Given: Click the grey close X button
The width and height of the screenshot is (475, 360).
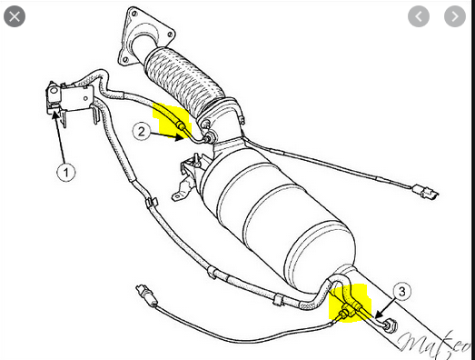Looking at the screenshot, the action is pos(15,16).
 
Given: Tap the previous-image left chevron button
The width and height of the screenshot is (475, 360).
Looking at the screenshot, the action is pos(419,16).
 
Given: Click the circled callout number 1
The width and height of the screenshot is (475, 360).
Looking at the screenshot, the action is pos(66,172).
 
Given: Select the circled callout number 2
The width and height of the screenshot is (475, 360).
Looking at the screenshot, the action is pos(142,132).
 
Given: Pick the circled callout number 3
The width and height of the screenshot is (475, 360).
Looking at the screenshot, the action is pos(402,292).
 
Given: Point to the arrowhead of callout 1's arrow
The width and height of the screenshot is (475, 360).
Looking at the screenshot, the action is pos(55,115).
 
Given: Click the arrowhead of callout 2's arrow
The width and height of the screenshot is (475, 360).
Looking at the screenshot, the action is pos(180,137).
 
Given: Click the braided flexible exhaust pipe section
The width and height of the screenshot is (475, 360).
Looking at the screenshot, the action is pos(184,79).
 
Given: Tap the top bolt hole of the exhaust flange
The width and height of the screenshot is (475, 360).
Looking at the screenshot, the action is pos(133,13).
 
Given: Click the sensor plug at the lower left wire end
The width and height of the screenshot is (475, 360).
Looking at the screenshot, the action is pos(146,295).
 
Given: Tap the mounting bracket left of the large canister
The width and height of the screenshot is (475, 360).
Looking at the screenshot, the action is pos(188,176).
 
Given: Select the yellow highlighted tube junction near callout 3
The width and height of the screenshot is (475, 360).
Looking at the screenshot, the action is pos(350,304).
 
